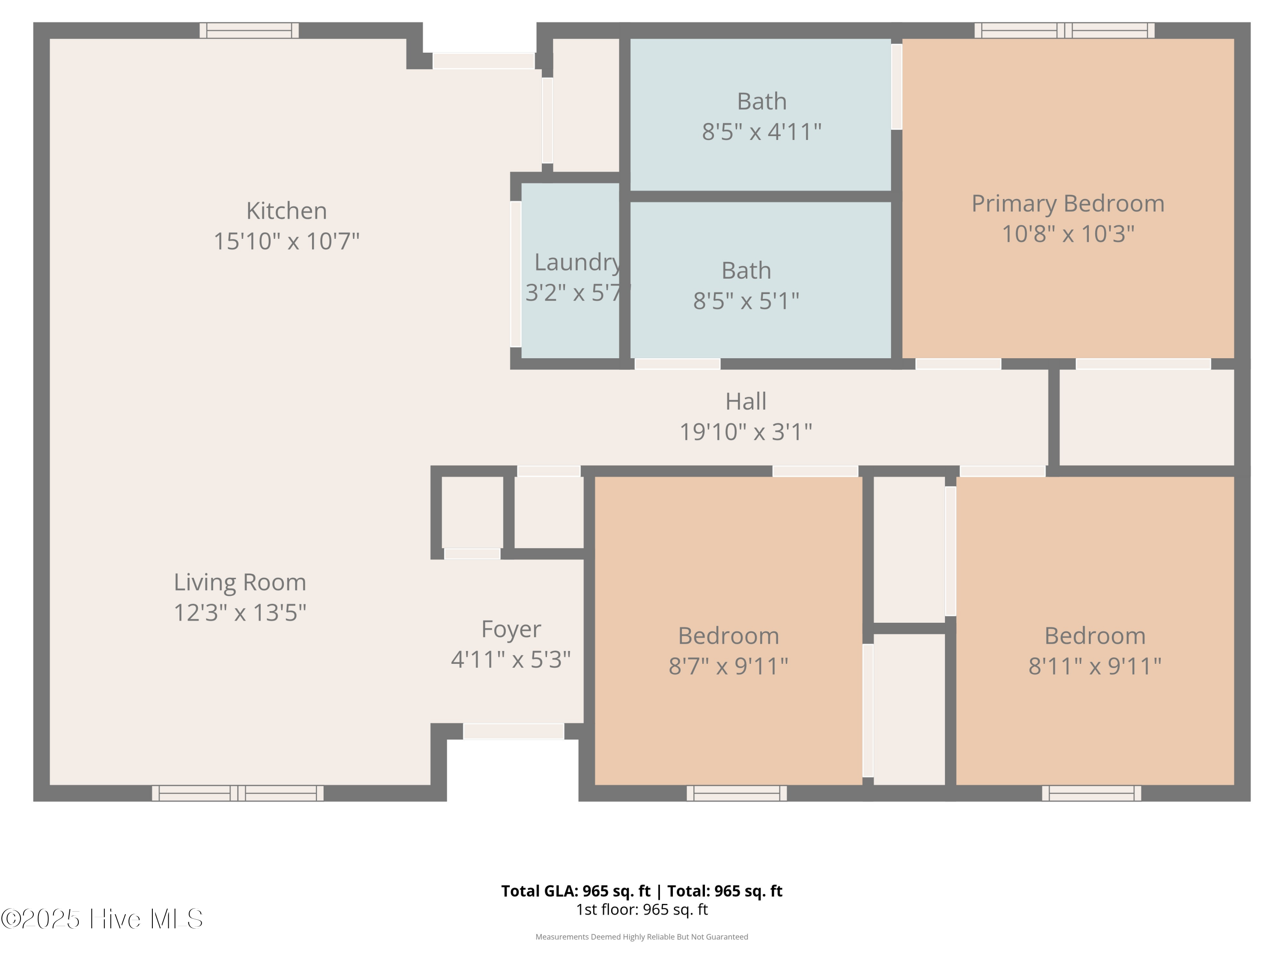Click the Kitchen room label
[286, 211]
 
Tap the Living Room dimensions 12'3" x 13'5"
[240, 612]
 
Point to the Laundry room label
[577, 262]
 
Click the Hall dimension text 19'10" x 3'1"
[746, 432]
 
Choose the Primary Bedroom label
[1068, 204]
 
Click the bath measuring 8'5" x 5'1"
[761, 280]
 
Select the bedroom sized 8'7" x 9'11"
[728, 631]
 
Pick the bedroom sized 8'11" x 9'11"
[1095, 631]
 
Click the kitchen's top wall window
[249, 31]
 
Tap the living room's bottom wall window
[238, 793]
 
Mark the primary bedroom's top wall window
[1064, 31]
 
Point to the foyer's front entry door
[514, 731]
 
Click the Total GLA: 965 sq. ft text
[576, 891]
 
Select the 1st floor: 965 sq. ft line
[642, 909]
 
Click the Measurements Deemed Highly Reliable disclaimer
[642, 937]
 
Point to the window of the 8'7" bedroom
[737, 793]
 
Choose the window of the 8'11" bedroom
[1091, 793]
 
